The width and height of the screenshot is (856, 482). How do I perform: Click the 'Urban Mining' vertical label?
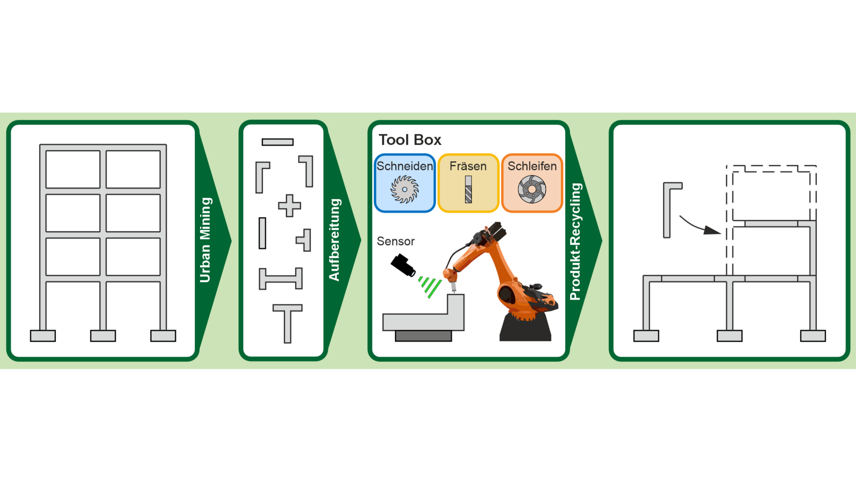(x=205, y=240)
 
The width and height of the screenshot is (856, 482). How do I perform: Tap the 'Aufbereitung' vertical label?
(x=334, y=240)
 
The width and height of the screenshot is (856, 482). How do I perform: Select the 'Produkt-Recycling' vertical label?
(x=576, y=241)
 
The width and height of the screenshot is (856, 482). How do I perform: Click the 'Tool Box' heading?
(x=410, y=140)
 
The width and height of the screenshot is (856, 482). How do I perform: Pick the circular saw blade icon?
(x=404, y=190)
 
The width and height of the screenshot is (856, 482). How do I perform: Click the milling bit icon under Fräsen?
(x=468, y=190)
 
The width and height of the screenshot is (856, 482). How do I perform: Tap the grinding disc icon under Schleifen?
(x=532, y=189)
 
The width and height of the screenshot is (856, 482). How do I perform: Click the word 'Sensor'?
(x=395, y=241)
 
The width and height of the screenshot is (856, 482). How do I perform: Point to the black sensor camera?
(x=403, y=265)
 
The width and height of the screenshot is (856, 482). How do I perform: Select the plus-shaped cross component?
(x=289, y=206)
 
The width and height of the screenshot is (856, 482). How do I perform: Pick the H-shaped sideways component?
(x=281, y=279)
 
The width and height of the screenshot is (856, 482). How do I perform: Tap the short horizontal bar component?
(x=277, y=142)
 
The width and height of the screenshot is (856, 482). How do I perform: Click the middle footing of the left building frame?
(x=103, y=336)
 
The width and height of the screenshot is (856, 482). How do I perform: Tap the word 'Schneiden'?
(x=405, y=166)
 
